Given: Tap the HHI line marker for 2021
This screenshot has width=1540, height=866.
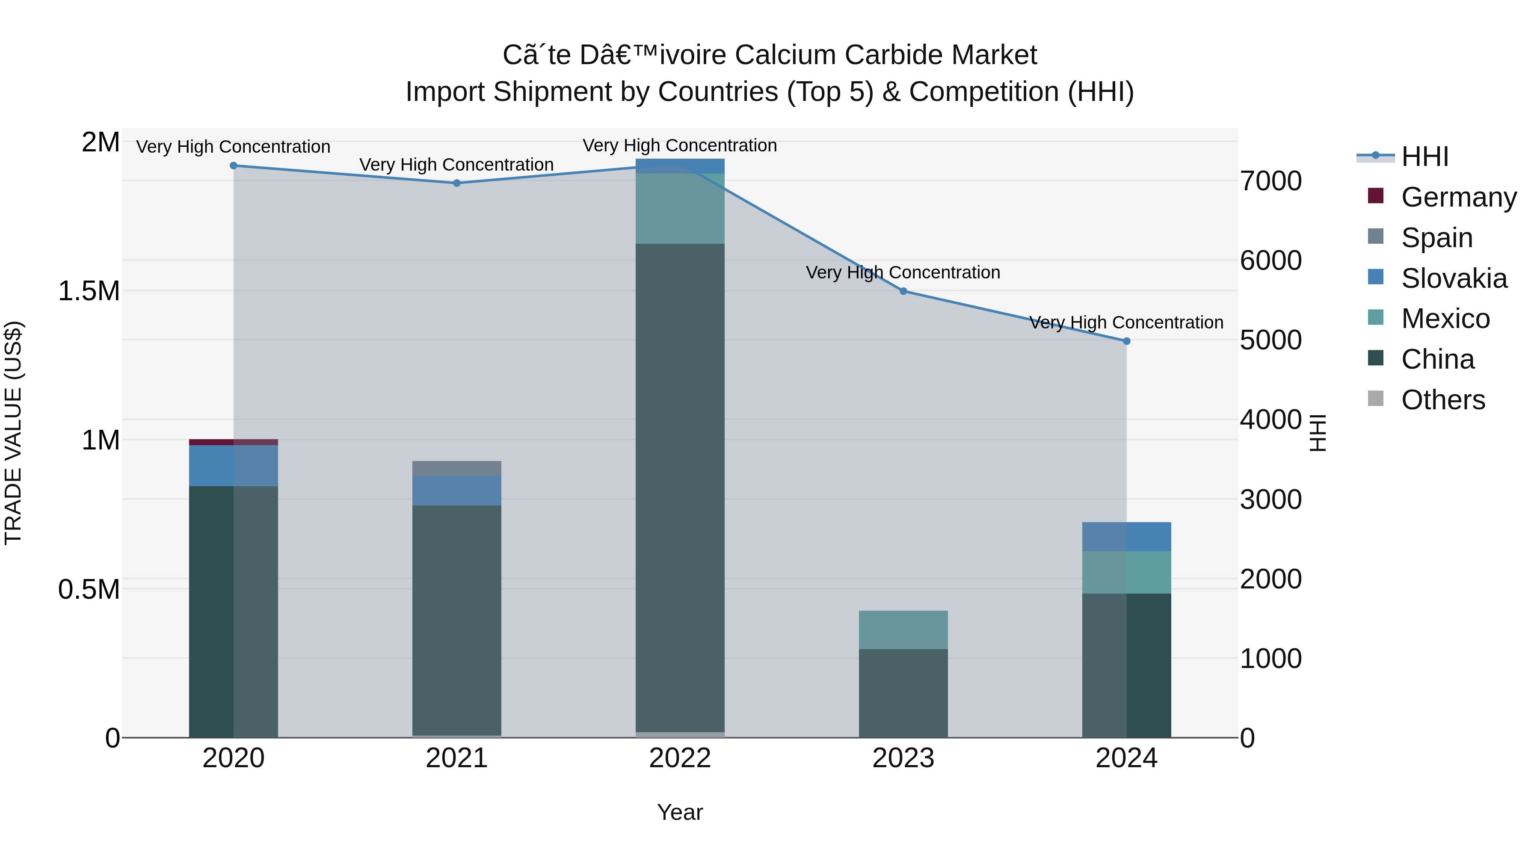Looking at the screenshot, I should click(x=457, y=183).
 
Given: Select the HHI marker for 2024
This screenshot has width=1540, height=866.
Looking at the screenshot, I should click(x=1126, y=341).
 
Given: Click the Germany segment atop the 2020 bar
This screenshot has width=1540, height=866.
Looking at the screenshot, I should click(x=233, y=442).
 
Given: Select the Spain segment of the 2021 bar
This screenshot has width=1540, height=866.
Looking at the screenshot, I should click(x=457, y=469).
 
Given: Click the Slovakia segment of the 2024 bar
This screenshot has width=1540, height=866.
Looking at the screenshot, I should click(x=1126, y=537).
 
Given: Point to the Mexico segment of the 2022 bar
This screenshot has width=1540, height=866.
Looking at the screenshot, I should click(x=680, y=209).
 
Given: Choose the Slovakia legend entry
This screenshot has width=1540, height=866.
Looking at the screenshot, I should click(x=1454, y=278).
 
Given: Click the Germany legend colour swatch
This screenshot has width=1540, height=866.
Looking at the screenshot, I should click(x=1376, y=196).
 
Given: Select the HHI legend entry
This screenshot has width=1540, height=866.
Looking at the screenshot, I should click(x=1424, y=157).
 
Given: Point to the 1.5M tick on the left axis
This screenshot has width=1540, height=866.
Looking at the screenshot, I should click(x=89, y=291).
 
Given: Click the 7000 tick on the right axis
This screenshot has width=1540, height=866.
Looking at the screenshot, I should click(x=1270, y=181).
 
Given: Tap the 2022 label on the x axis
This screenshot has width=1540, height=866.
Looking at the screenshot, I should click(x=680, y=758).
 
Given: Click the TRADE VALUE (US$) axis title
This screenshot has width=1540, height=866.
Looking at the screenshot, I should click(x=14, y=433).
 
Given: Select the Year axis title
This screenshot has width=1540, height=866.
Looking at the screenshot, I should click(x=680, y=812).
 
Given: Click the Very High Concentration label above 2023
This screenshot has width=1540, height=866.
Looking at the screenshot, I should click(x=903, y=272).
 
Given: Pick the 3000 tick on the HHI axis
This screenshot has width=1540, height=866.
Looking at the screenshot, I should click(x=1270, y=500).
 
